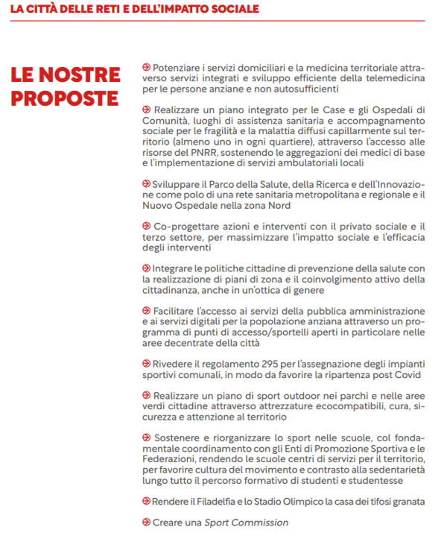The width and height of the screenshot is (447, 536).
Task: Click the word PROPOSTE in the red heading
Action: coord(65,98)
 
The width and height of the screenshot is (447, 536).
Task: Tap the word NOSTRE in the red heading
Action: coord(82,75)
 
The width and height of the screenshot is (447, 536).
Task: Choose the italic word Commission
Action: coord(259,522)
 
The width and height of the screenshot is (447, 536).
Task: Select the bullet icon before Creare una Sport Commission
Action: coord(145,522)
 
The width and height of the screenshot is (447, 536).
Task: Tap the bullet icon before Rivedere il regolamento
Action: coord(145,363)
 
